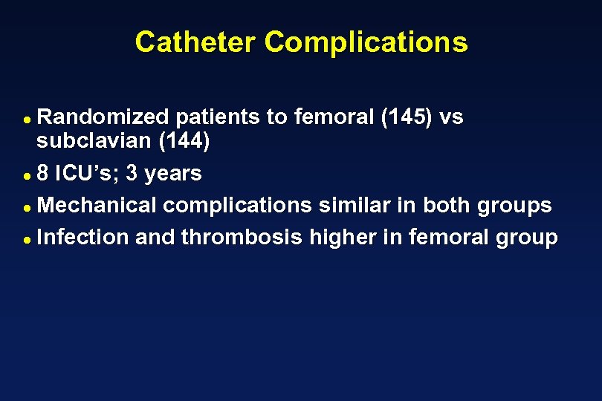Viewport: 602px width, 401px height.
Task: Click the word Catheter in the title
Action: point(196,42)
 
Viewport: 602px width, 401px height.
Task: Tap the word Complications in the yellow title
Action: point(366,42)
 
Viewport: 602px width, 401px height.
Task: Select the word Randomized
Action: point(104,117)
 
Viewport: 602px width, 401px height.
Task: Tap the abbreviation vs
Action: point(452,117)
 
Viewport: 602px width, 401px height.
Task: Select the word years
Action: point(172,174)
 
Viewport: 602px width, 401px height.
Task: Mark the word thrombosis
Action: point(242,237)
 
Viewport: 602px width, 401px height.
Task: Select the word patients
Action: point(231,117)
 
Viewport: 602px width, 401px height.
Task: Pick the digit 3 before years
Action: point(132,174)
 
